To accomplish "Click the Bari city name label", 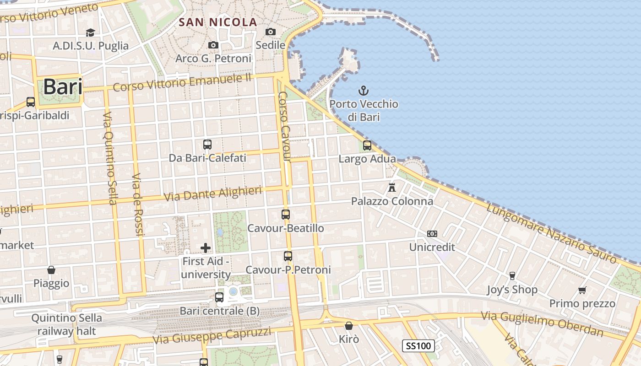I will pos(63,86).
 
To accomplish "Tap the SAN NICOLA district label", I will pos(218,22).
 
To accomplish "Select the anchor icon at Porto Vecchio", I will pos(364,90).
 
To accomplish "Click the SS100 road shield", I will pos(418,346).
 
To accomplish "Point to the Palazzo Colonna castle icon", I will pos(392,187).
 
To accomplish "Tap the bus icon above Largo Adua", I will pos(367,145).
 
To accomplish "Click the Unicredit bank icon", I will pos(432,234).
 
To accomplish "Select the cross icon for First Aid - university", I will pos(206,248).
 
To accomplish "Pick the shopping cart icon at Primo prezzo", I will pos(582,290).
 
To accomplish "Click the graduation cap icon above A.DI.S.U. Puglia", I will pos(90,32).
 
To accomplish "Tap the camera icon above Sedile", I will pos(271,32).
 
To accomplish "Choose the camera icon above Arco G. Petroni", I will pos(213,45).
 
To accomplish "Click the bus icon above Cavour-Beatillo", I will pos(286,214).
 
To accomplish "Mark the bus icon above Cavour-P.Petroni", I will pos(288,256).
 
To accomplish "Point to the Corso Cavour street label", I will pos(284,126).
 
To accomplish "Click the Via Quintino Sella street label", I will pos(110,157).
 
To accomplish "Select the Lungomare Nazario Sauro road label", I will pos(551,233).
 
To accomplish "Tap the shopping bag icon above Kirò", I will pos(349,326).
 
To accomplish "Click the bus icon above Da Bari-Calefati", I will pos(207,145).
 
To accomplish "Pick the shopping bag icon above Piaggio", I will pos(51,270).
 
